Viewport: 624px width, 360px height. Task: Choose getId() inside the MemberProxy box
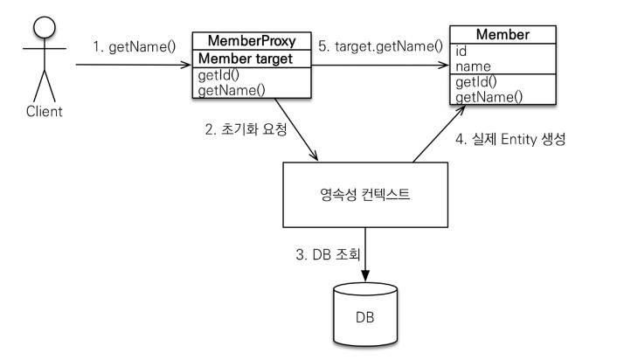pos(219,75)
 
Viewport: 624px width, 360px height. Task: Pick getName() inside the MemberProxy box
pos(232,90)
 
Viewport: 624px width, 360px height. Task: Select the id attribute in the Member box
pos(461,51)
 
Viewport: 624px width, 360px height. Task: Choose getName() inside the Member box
pos(489,96)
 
